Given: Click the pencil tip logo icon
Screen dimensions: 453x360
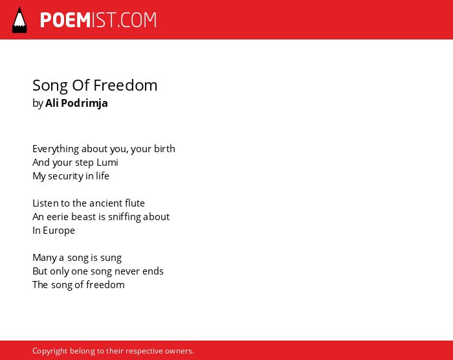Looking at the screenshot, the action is click(x=19, y=20).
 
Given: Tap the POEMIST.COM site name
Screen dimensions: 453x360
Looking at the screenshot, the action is click(x=98, y=20).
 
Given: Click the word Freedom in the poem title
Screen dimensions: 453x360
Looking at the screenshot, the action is click(x=126, y=85).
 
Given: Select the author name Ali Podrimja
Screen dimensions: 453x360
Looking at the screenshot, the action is click(x=76, y=103).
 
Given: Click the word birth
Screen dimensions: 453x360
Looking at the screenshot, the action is click(x=164, y=149).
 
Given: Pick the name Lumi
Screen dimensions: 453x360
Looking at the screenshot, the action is click(x=107, y=163).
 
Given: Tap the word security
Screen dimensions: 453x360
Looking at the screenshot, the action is click(x=65, y=176).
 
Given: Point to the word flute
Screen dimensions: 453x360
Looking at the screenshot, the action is click(x=135, y=203).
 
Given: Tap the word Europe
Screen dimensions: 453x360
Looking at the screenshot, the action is click(x=59, y=231).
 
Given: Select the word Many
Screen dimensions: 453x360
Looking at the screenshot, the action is click(x=45, y=258).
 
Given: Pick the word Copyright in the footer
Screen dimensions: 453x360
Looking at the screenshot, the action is click(x=50, y=351).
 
